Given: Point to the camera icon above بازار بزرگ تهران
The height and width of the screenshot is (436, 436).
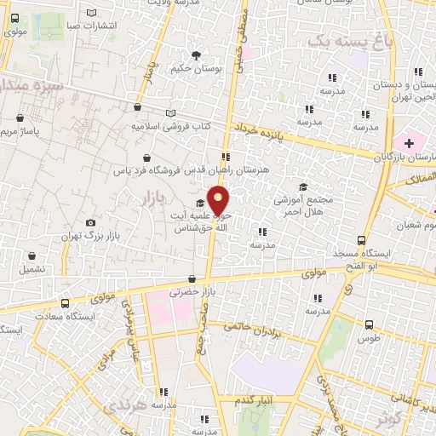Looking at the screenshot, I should (89, 223).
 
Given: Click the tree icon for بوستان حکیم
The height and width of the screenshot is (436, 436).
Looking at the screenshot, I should (197, 55).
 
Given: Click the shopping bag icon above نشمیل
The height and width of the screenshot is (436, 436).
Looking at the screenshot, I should (32, 255).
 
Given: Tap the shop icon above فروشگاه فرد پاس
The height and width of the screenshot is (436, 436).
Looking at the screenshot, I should (150, 157).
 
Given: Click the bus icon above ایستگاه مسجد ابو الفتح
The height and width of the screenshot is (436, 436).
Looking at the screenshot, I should (361, 240).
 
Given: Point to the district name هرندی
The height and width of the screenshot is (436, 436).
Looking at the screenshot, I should (124, 408).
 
